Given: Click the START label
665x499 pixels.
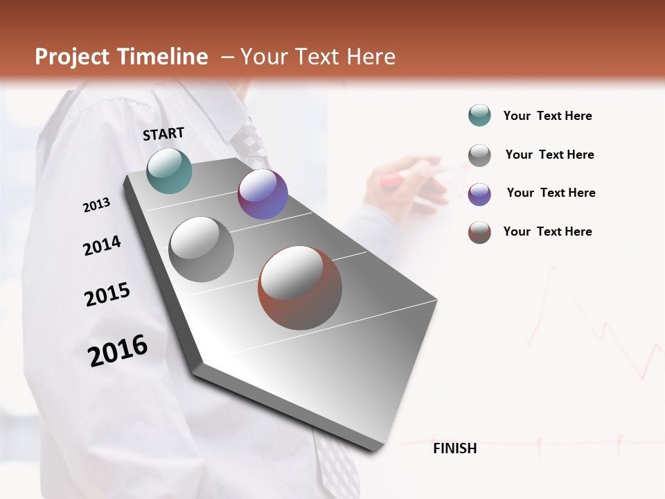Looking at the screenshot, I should [163, 134].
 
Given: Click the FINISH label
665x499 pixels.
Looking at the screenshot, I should [455, 448].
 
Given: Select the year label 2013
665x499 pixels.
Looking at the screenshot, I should [96, 205].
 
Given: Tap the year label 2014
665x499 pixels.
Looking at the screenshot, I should [102, 246].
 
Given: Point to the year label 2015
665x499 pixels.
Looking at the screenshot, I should [107, 295].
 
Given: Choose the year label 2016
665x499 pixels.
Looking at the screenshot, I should [118, 350].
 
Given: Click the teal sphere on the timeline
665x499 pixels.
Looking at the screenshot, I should [170, 170].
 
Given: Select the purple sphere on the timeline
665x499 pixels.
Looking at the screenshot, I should [263, 194].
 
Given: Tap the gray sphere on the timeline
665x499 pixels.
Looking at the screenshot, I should [202, 249].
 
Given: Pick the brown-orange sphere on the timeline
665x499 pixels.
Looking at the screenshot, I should [300, 288].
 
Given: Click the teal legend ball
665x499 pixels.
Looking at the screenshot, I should [479, 116].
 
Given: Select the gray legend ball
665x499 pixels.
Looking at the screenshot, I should [479, 155].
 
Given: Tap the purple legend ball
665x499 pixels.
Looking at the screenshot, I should [479, 194].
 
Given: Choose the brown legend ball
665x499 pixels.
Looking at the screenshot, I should [479, 232].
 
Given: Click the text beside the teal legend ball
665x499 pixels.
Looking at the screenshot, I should [547, 116].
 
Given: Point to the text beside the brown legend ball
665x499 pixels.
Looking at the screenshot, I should [547, 231].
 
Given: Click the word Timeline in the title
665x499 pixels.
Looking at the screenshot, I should [162, 57].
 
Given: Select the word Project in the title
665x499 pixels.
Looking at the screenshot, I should [71, 57].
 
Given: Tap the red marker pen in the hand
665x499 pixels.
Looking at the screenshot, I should [392, 182].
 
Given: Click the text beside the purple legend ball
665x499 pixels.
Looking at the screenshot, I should [551, 193].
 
